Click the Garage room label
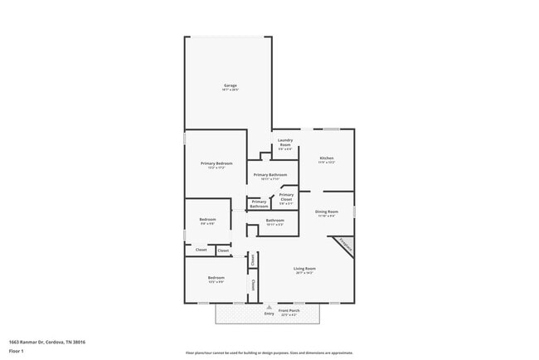[x=230, y=85]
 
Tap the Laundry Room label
[x=285, y=142]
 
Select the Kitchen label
[x=327, y=158]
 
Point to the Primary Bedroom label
[x=216, y=163]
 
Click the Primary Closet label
[x=286, y=197]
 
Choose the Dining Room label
[x=327, y=212]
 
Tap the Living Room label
[x=304, y=269]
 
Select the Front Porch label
[x=289, y=310]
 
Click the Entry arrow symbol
[x=269, y=306]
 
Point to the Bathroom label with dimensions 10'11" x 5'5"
[x=274, y=221]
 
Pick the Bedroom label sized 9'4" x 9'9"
[x=207, y=220]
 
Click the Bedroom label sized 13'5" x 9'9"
[x=216, y=278]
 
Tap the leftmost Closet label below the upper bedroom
[x=201, y=249]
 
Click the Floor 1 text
[x=17, y=351]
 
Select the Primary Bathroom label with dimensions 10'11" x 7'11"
[x=270, y=175]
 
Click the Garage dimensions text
[x=230, y=90]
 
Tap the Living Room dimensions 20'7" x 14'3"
[x=304, y=273]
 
